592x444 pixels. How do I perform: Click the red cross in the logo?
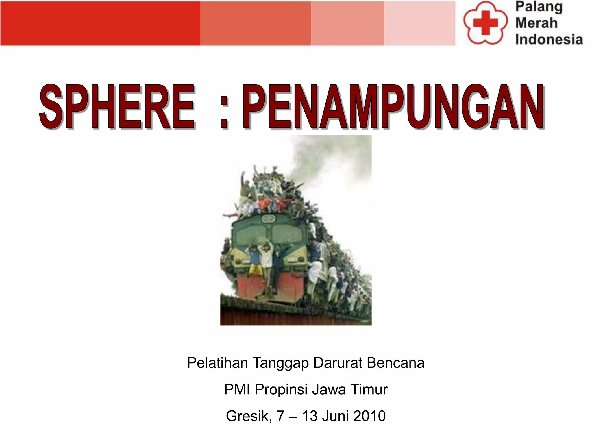(x=485, y=23)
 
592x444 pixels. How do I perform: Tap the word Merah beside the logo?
(x=536, y=23)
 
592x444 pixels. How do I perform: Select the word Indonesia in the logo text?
(x=549, y=39)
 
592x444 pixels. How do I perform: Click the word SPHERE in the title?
(x=117, y=106)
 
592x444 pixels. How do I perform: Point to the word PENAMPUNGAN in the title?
(x=393, y=106)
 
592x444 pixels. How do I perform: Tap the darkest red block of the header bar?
(x=100, y=23)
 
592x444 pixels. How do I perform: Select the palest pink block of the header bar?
(x=419, y=23)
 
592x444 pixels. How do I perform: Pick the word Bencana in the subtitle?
(x=395, y=363)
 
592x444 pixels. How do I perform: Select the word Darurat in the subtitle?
(x=338, y=363)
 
